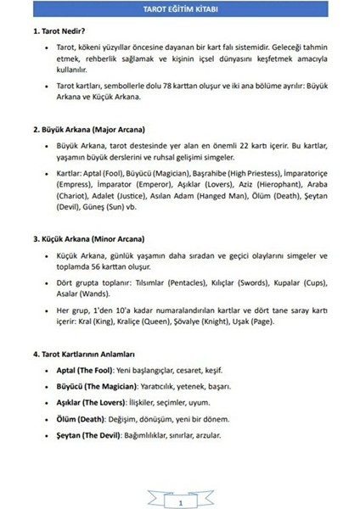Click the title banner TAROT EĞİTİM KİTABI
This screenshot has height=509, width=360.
tap(180, 9)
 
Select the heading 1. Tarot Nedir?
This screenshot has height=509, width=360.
tap(53, 30)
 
